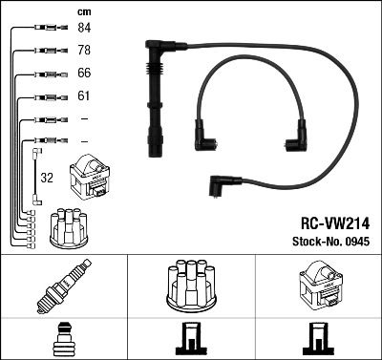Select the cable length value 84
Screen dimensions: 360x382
click(84, 29)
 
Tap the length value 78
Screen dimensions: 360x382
click(84, 52)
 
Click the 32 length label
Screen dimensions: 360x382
click(47, 178)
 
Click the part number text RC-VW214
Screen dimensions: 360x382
click(331, 220)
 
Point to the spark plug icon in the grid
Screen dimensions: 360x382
click(63, 286)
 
